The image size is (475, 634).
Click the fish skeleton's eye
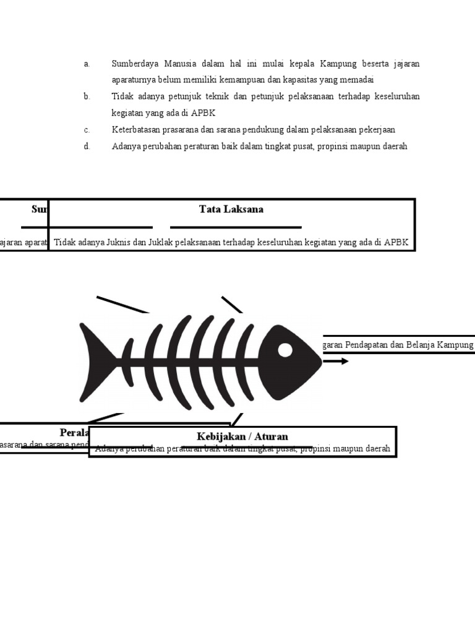pos(285,350)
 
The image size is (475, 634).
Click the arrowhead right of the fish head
pos(344,361)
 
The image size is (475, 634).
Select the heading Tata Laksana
pos(231,209)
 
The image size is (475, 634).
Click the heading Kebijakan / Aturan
pos(242,436)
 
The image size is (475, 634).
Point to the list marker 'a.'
pos(87,64)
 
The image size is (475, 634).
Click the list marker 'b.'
pos(87,97)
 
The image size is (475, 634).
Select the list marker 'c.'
pos(87,130)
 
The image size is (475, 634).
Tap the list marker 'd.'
pos(87,147)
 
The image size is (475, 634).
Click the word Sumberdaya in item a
pos(133,64)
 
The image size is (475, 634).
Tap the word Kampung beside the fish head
pos(455,345)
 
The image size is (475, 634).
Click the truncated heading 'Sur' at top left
pos(39,209)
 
